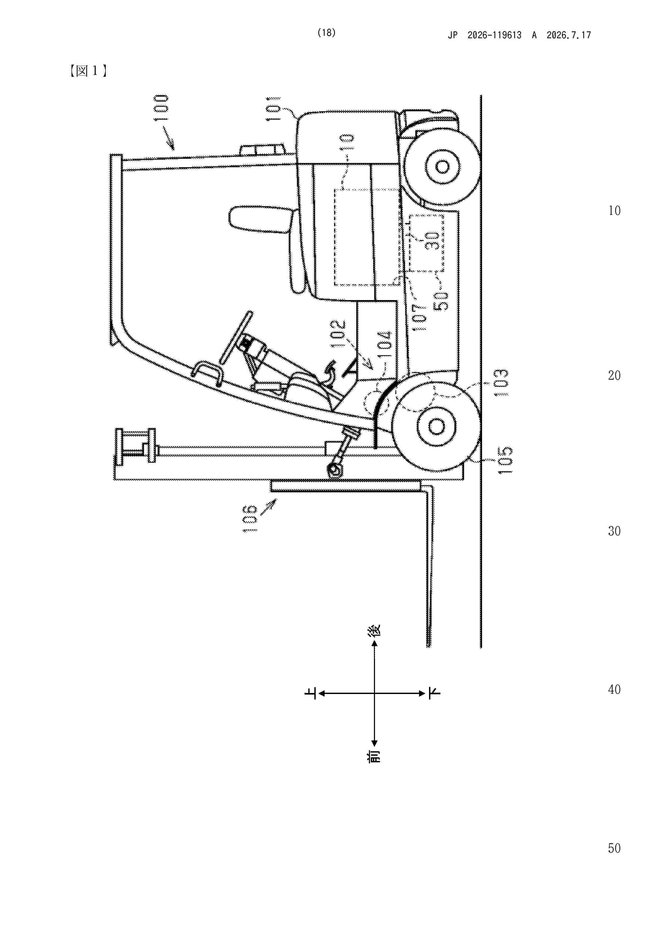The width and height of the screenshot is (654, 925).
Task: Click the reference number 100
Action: point(161,108)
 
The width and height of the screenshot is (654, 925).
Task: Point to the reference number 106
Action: point(250,518)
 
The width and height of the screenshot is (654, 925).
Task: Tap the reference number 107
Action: point(420,317)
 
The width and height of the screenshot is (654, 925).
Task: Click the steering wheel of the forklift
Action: point(237,336)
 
